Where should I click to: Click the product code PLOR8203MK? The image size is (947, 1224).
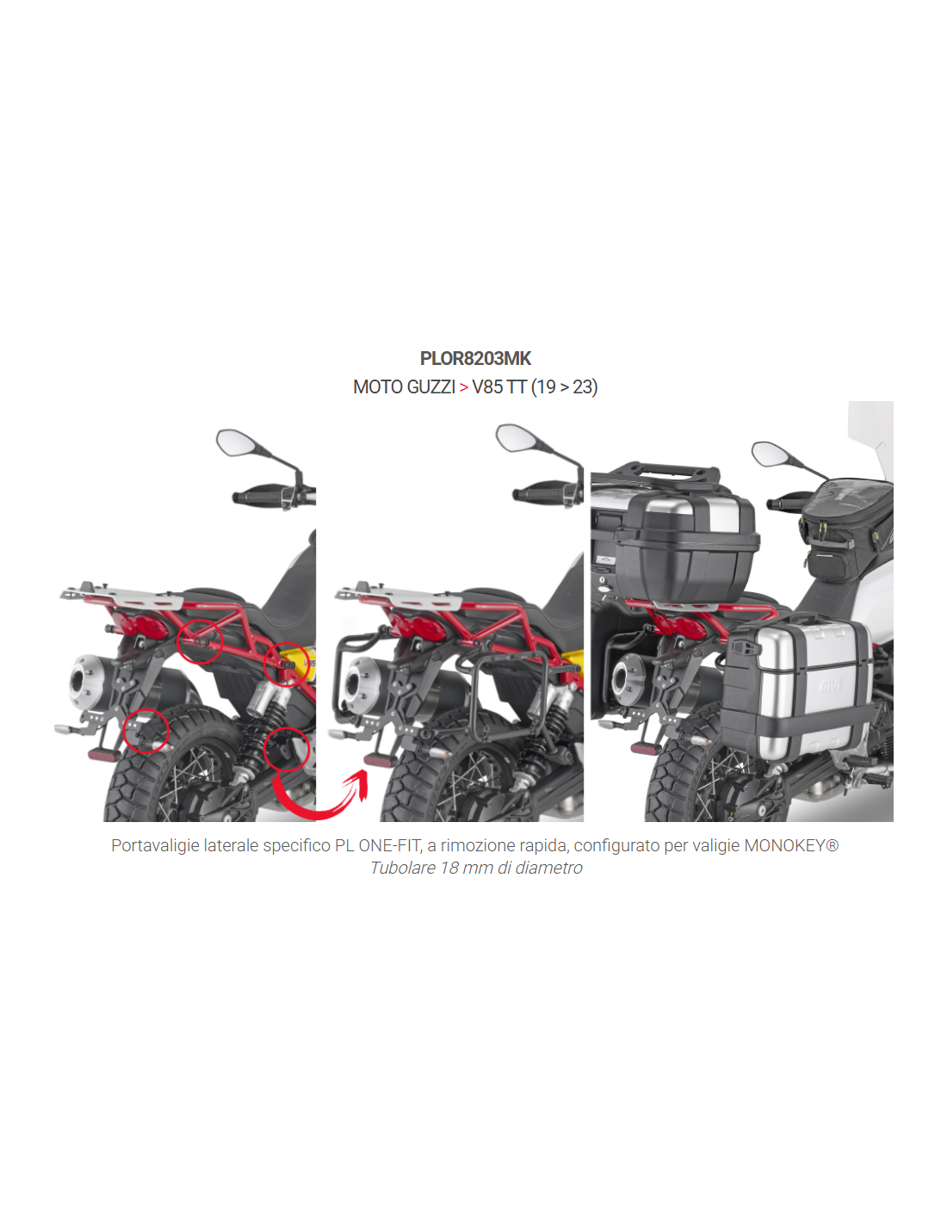475,358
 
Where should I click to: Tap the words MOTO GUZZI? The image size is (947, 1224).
404,387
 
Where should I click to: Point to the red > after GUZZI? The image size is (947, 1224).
464,387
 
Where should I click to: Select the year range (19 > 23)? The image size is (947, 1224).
564,387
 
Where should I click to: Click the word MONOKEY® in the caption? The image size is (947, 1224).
791,845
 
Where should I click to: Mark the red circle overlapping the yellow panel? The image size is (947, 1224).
287,665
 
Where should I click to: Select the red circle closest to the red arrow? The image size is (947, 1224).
287,750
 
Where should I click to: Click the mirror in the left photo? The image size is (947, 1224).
236,442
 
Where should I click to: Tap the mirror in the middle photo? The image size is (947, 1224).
515,437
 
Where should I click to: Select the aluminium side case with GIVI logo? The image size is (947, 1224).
798,684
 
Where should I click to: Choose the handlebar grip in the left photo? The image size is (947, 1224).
257,497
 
